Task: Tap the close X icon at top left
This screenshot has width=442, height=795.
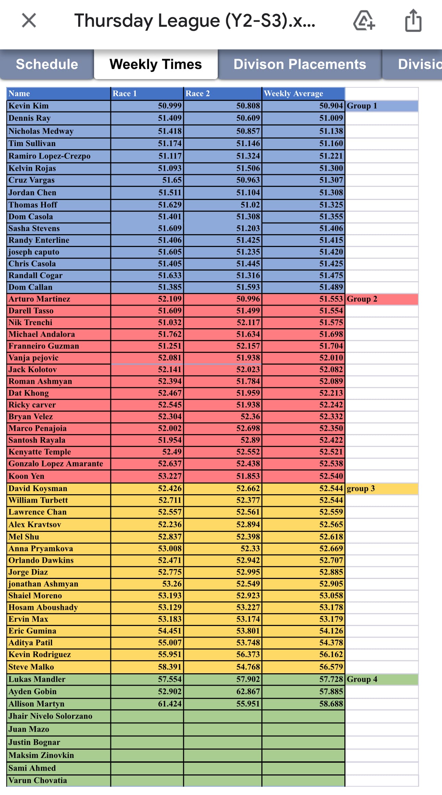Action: click(x=29, y=20)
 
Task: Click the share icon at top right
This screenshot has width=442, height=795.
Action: click(x=413, y=21)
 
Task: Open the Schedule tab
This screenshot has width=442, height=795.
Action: click(x=47, y=64)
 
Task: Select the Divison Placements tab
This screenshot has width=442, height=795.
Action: click(x=300, y=64)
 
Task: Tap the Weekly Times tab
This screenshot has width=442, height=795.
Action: click(x=156, y=64)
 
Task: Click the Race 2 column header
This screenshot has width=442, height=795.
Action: click(x=222, y=93)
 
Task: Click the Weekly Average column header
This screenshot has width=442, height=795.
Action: click(x=303, y=93)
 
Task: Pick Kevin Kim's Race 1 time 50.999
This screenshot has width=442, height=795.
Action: click(x=170, y=106)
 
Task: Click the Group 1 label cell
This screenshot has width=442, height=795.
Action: click(x=381, y=106)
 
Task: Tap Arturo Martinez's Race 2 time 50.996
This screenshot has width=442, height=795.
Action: click(x=248, y=299)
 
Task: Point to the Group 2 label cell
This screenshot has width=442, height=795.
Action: click(x=381, y=299)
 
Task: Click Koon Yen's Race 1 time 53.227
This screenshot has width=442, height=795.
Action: click(x=170, y=476)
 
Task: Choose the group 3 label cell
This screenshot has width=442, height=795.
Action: click(x=381, y=488)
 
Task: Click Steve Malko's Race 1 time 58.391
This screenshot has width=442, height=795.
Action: click(x=170, y=667)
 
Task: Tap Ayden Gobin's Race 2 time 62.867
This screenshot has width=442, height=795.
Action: click(x=248, y=691)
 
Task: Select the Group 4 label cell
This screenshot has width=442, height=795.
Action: click(x=381, y=679)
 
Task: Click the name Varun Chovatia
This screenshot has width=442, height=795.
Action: click(x=38, y=780)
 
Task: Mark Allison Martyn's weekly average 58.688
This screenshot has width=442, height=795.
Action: click(x=331, y=704)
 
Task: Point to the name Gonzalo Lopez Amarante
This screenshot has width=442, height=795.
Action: click(x=56, y=464)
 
